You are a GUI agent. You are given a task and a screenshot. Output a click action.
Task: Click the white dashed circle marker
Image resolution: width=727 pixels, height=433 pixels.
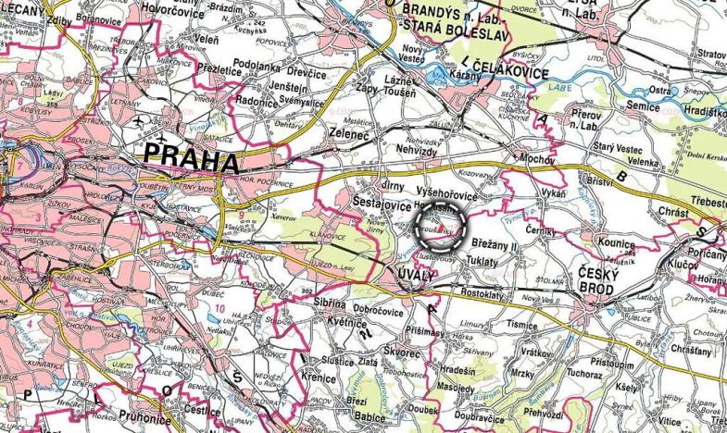pyautogui.click(x=441, y=227)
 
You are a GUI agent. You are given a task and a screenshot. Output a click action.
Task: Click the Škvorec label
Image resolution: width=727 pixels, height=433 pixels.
pyautogui.click(x=403, y=353)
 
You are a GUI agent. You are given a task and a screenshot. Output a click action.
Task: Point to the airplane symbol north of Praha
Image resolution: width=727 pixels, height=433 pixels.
pyautogui.click(x=139, y=121)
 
